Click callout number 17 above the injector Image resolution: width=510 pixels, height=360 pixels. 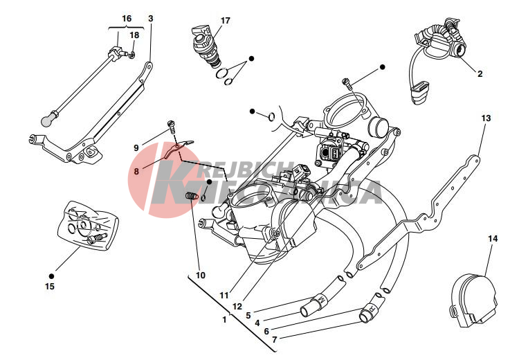tap(225, 20)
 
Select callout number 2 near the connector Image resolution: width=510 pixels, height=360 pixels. tap(480, 72)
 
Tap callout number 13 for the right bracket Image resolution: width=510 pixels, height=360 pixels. tap(150, 18)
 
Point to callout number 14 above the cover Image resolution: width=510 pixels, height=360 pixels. tap(492, 239)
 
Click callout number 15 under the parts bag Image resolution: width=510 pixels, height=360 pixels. tap(49, 285)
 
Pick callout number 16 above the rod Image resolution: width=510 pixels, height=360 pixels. tap(126, 18)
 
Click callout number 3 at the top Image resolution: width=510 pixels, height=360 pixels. tap(150, 18)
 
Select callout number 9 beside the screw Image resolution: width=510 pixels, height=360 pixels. tap(136, 147)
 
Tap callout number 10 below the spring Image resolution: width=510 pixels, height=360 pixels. tap(201, 275)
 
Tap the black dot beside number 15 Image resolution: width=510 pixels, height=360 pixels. tap(51, 275)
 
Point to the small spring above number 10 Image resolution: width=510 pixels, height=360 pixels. tap(193, 199)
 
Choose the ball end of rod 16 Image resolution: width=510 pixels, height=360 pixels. tap(46, 120)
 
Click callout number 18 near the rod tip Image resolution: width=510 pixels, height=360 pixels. tap(134, 35)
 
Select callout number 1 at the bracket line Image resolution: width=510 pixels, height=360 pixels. tap(224, 321)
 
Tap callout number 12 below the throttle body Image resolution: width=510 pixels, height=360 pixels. tap(238, 305)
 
